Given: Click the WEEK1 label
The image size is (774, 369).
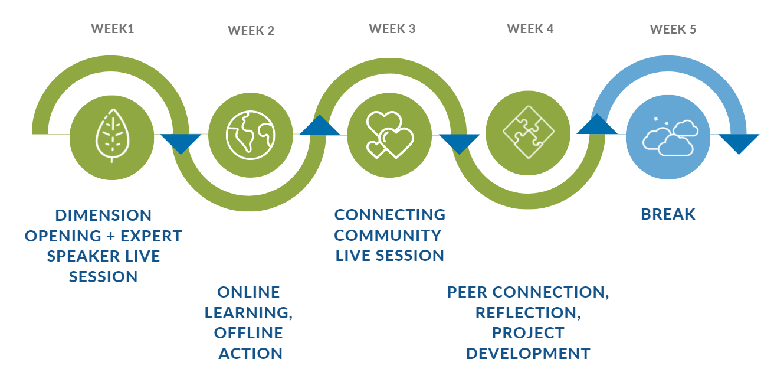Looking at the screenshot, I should pos(113,28).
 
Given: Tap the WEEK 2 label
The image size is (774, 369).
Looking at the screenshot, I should pos(251,30).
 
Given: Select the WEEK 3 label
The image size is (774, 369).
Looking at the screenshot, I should pos(392,28).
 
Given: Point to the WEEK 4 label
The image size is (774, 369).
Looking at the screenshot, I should pos(530,28).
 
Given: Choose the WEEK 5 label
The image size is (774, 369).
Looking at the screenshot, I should pos(673,29).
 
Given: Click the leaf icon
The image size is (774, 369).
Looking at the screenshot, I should pos(111,135).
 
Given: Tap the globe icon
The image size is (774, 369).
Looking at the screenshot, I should pos(251,135).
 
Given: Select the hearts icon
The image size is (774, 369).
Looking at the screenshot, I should pos(390,135).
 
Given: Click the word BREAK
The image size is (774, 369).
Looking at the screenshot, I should pos(668,214).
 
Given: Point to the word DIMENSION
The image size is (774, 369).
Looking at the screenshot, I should pos(103,215).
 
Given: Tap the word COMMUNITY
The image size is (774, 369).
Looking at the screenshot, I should pos(388,235).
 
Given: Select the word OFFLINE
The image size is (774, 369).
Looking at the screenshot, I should pos(248,332).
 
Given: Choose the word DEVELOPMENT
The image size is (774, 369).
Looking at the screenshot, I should pos(528,353).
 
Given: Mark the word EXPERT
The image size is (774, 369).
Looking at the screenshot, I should pos(151,236).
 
